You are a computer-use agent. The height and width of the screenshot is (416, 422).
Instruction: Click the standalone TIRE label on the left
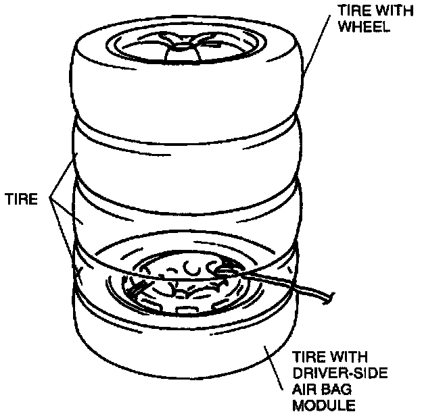pos(26,200)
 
